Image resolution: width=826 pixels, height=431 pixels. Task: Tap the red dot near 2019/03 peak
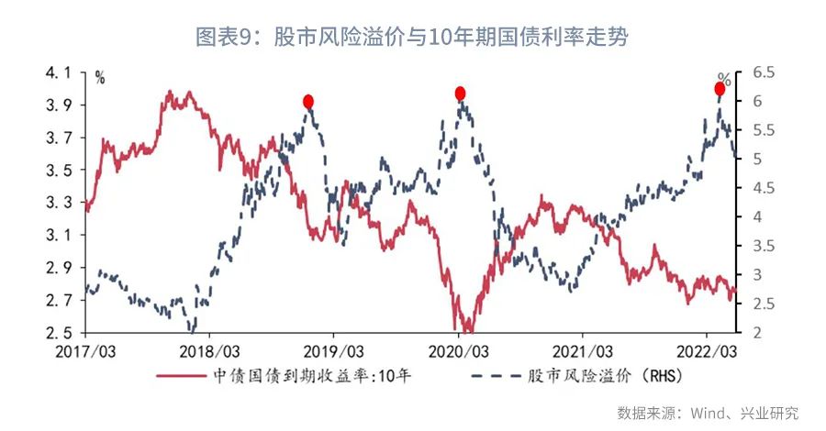click(x=308, y=102)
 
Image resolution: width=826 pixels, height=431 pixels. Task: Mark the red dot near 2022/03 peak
click(x=720, y=89)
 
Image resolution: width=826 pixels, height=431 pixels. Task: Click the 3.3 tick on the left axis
click(x=58, y=203)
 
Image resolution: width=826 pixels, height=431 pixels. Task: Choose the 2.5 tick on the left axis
click(x=58, y=333)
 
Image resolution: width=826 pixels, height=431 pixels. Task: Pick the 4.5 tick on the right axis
click(x=763, y=188)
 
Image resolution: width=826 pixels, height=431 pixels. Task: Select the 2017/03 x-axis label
click(x=84, y=352)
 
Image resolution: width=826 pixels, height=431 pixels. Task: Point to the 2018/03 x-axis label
click(x=209, y=352)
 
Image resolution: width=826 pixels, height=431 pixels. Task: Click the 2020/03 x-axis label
click(x=458, y=352)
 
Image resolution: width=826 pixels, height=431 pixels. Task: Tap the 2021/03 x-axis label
click(x=583, y=352)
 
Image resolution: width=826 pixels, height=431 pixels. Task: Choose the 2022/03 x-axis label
click(x=708, y=352)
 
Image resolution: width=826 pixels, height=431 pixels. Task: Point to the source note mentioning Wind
click(x=708, y=412)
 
